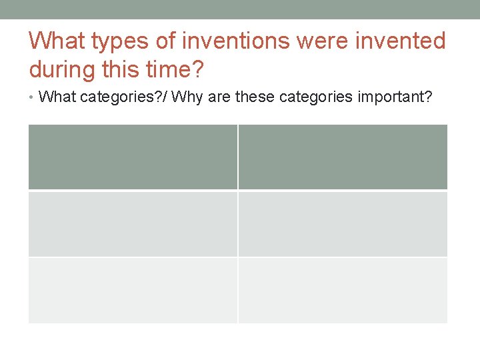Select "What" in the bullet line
(x=57, y=97)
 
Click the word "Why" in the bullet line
(x=187, y=97)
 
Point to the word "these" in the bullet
(x=254, y=97)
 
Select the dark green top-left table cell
(x=133, y=157)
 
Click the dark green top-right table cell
(x=343, y=157)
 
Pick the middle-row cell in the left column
(x=133, y=224)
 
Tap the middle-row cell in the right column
(x=343, y=224)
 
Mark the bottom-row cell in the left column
(x=133, y=290)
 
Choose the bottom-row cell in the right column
(x=343, y=290)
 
